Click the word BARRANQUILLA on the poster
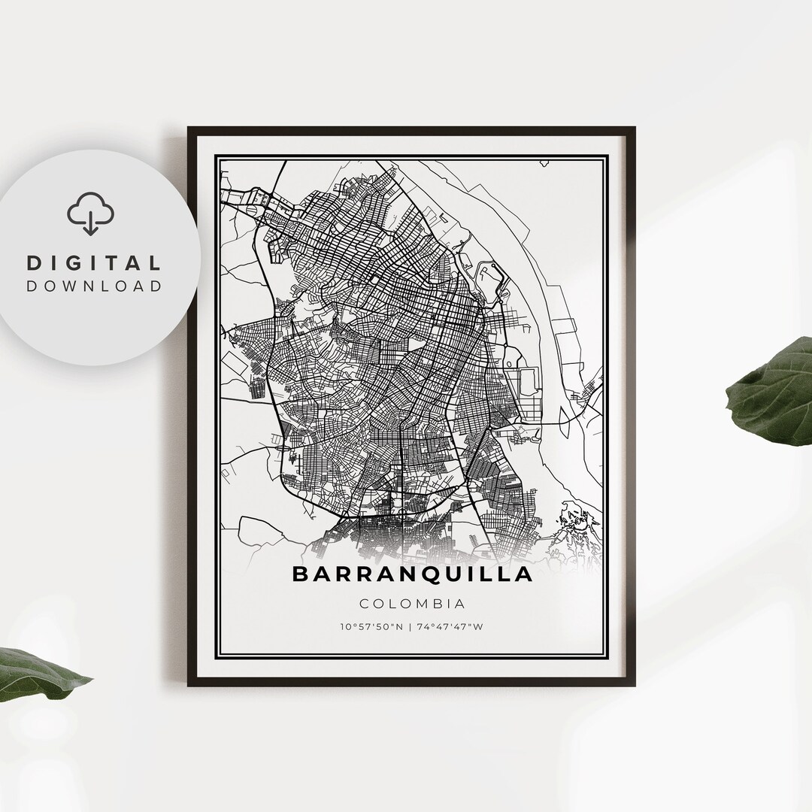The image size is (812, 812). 412,574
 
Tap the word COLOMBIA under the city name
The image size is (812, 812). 412,603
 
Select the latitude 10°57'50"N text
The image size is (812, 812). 370,626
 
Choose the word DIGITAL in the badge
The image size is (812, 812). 94,263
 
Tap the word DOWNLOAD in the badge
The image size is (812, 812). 94,286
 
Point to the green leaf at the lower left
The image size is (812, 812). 38,673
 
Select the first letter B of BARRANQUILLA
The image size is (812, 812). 300,574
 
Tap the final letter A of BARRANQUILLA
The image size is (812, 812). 524,574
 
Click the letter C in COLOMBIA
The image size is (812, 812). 365,603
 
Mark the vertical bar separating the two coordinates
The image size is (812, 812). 411,626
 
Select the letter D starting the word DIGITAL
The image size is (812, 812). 34,263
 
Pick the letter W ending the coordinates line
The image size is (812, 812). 478,626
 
